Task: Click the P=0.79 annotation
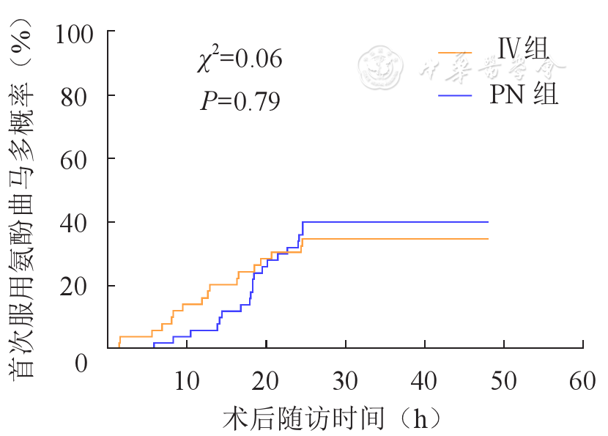[240, 100]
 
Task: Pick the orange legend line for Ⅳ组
[456, 53]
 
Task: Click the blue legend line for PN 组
[456, 95]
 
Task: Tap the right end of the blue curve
[488, 221]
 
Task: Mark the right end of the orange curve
[488, 239]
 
